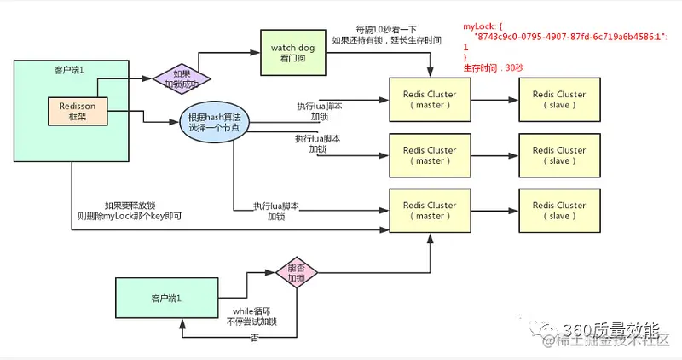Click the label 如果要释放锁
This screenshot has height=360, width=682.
(130, 206)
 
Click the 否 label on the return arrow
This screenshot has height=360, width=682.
(254, 338)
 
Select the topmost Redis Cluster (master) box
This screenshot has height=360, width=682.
(430, 99)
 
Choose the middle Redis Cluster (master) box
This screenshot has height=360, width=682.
(430, 154)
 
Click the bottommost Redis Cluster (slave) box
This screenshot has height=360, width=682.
(558, 210)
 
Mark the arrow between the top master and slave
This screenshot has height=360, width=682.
(494, 99)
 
